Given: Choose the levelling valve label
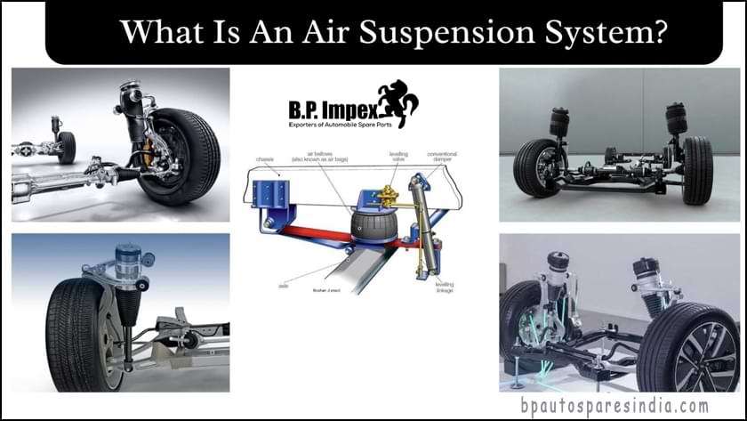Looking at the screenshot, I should point(398,157).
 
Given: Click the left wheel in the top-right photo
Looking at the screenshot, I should point(535,167).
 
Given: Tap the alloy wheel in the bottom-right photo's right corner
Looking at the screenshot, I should point(695,351).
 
